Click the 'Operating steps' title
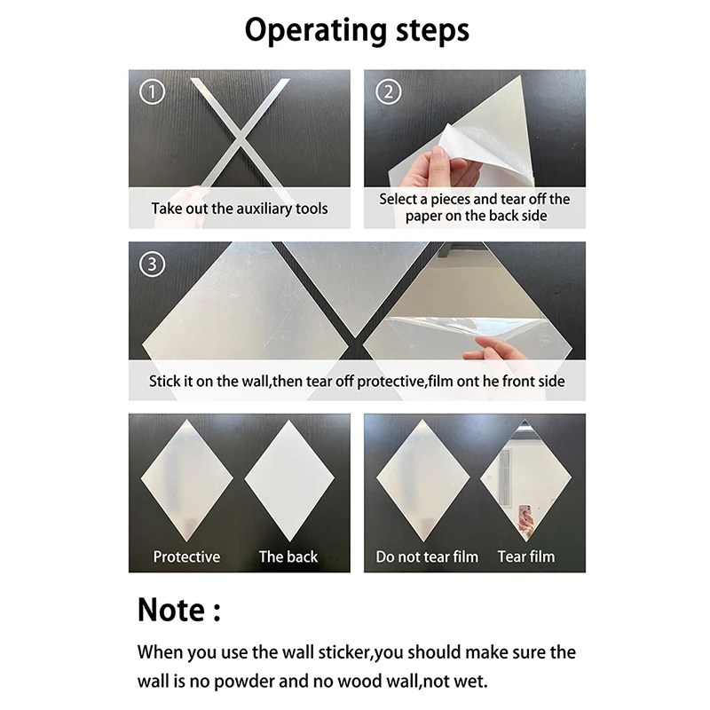(356, 31)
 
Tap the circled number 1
(154, 91)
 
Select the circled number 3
(154, 264)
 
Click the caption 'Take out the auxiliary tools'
(240, 209)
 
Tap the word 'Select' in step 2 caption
(398, 199)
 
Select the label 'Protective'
(186, 556)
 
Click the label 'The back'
(288, 556)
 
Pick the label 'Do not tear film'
(427, 556)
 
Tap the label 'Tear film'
(526, 556)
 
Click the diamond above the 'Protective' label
(185, 479)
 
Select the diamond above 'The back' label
(289, 479)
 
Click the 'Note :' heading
(178, 610)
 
